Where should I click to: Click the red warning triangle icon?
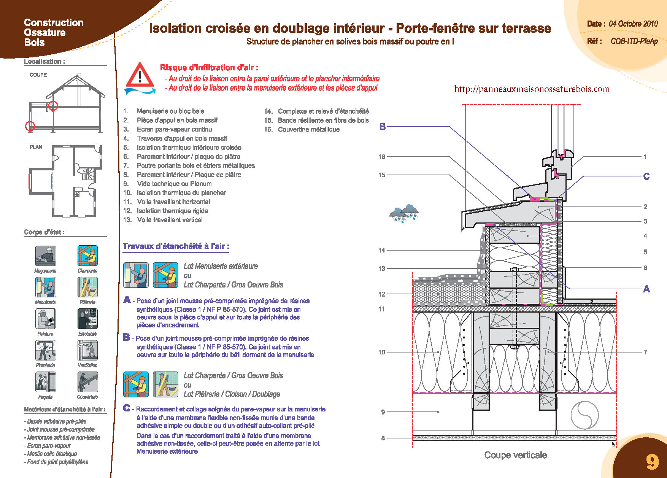click(140, 75)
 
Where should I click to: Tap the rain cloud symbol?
click(404, 213)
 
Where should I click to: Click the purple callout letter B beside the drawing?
click(383, 127)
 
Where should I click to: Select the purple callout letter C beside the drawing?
click(646, 176)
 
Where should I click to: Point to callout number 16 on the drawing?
click(382, 157)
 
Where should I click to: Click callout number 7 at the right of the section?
click(645, 352)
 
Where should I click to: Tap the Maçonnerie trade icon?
click(45, 256)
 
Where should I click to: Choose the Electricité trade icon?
click(87, 319)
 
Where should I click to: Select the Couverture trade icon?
click(87, 382)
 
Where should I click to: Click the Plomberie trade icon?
click(45, 350)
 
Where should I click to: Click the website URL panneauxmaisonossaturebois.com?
click(532, 89)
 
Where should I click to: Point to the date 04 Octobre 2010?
click(633, 24)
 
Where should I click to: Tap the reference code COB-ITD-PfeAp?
click(634, 41)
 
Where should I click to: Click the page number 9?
click(652, 462)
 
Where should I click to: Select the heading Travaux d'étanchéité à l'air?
click(176, 246)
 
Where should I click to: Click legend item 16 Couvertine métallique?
click(308, 129)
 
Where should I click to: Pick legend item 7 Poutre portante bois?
click(195, 165)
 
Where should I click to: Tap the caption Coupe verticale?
click(515, 455)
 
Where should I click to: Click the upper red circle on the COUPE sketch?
click(53, 106)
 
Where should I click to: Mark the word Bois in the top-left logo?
click(34, 42)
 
